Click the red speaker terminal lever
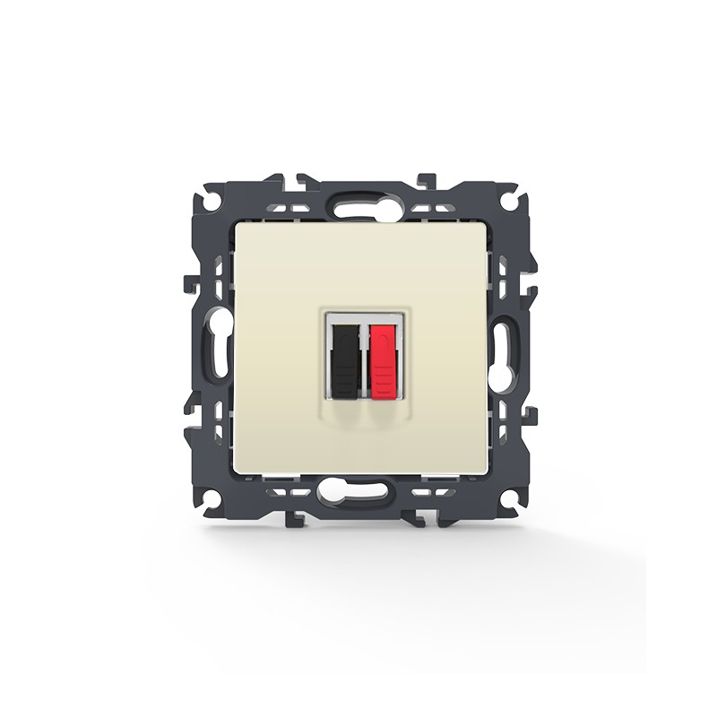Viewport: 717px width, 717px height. [383, 354]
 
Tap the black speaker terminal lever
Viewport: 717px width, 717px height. [345, 354]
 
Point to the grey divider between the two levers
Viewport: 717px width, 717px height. [364, 358]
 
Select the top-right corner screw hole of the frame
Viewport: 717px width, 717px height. [509, 203]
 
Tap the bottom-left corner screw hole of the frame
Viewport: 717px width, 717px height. [212, 497]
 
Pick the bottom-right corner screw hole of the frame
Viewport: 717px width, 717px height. [509, 497]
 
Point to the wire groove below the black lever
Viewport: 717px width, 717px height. [346, 410]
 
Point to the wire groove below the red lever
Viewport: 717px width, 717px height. [382, 410]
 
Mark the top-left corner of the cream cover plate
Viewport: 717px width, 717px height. [236, 225]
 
